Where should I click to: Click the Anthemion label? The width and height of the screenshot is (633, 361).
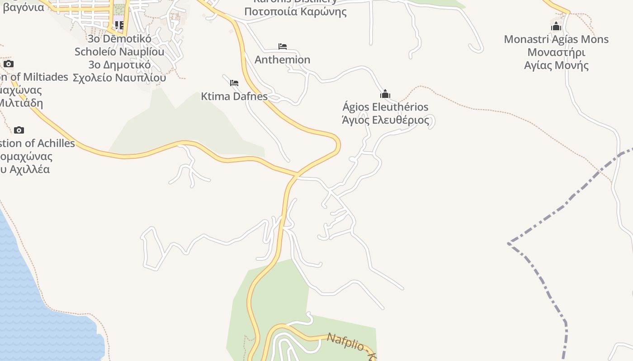(282, 60)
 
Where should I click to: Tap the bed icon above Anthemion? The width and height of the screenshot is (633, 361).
(283, 46)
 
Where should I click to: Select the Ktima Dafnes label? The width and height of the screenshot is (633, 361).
(234, 96)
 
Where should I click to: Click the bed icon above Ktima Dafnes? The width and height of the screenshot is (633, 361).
(234, 83)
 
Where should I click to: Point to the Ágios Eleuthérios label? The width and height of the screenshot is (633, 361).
(385, 107)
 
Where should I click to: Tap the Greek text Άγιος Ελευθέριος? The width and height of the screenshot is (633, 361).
(385, 120)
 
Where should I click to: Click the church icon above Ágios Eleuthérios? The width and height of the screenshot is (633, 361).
(385, 94)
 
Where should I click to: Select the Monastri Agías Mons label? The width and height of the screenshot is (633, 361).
(556, 39)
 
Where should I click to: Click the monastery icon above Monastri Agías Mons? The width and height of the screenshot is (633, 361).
(556, 26)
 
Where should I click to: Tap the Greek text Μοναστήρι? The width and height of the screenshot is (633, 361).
(556, 52)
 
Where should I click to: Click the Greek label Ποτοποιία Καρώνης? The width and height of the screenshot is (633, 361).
(295, 11)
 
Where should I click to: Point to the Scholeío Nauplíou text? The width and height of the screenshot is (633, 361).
(119, 51)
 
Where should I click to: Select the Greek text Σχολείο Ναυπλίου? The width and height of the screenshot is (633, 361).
(119, 78)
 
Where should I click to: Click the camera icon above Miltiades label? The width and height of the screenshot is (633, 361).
(9, 64)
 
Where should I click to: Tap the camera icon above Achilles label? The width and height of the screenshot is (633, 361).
(19, 130)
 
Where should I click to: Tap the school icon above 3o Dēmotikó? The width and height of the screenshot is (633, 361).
(119, 25)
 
